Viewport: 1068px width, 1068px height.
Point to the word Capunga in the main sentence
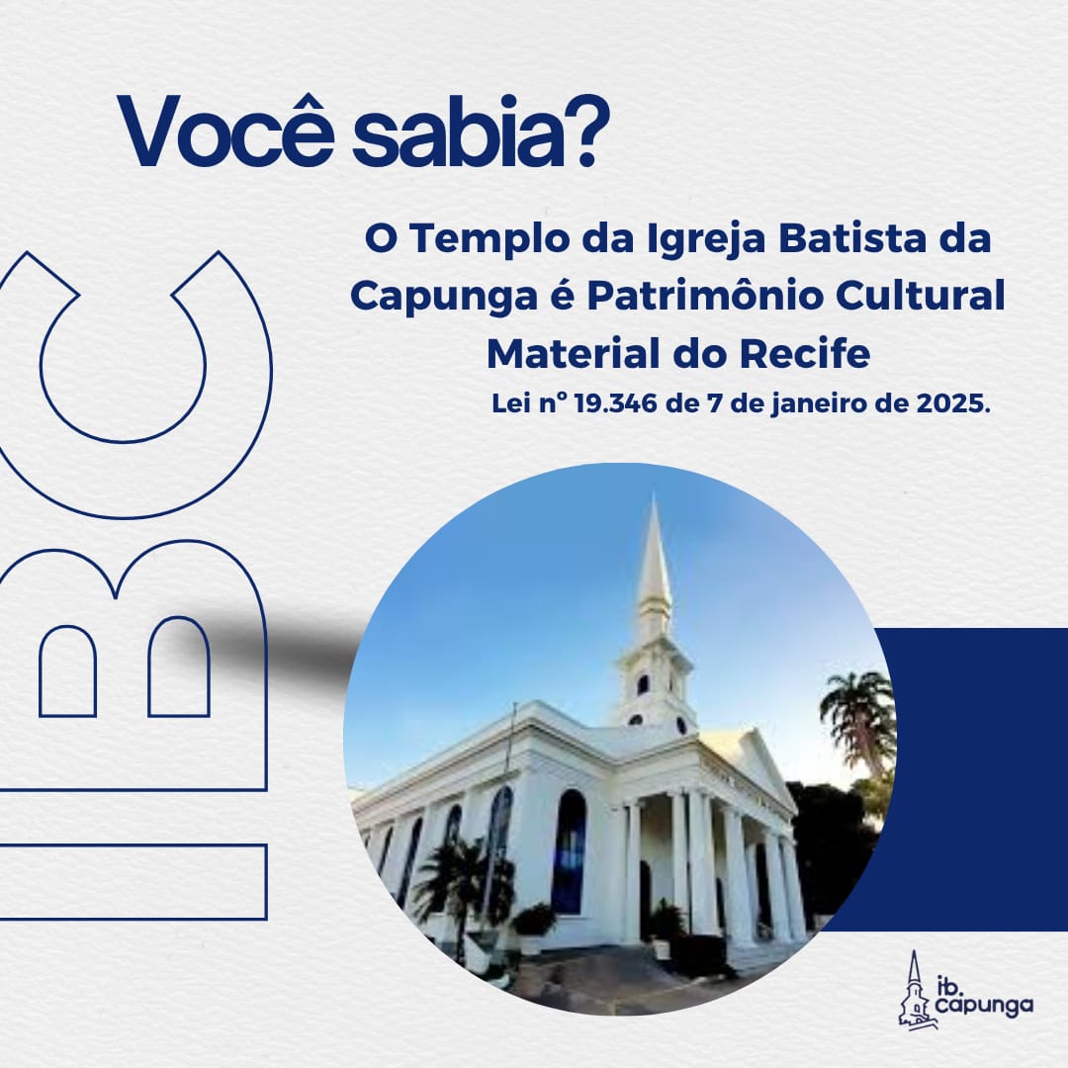point(443,298)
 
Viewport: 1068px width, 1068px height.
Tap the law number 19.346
point(616,403)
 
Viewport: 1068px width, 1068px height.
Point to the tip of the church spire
point(654,495)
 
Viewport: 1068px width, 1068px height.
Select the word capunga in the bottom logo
point(984,1006)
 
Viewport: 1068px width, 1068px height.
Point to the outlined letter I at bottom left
point(133,882)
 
